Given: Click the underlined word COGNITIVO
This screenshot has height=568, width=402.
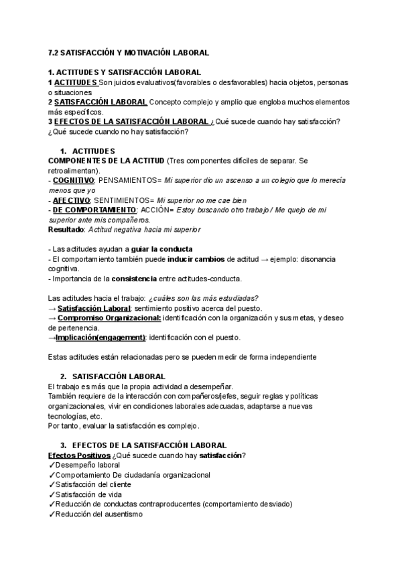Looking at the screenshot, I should pyautogui.click(x=73, y=181).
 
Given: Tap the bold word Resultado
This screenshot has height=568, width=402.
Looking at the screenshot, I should pyautogui.click(x=66, y=230).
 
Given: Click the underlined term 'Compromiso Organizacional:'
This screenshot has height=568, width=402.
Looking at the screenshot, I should pyautogui.click(x=109, y=318).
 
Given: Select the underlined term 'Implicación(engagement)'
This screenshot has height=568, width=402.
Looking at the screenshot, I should pyautogui.click(x=100, y=338).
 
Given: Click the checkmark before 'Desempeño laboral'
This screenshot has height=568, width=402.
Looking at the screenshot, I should pyautogui.click(x=52, y=466).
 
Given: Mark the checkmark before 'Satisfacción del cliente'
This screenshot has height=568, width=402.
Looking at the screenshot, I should pyautogui.click(x=52, y=485).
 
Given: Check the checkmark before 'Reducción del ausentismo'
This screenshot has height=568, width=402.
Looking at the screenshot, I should pyautogui.click(x=52, y=514).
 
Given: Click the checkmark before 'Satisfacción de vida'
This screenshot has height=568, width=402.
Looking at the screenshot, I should pyautogui.click(x=52, y=494).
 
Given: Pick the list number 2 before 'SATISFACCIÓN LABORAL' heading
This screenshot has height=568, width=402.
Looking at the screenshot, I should pyautogui.click(x=63, y=376).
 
